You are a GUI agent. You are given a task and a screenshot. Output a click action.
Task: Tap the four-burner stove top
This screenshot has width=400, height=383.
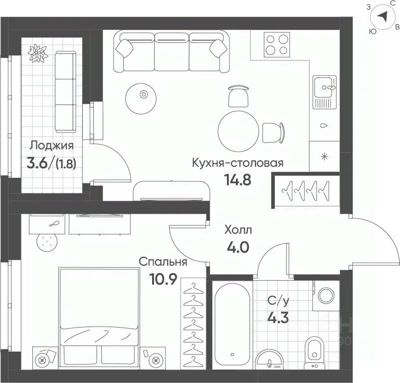click(277, 44)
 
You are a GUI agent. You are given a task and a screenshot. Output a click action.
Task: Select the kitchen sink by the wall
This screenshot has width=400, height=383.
click(325, 92)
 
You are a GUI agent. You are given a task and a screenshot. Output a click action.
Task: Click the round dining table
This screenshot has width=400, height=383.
click(238, 131)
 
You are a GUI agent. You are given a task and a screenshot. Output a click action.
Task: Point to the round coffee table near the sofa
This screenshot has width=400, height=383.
click(141, 98)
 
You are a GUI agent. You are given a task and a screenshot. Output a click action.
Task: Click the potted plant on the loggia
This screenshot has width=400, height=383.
click(38, 53)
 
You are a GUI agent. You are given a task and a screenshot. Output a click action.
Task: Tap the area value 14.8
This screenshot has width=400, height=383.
click(237, 179)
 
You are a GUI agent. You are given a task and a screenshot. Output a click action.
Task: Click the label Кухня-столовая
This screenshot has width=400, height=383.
click(237, 163)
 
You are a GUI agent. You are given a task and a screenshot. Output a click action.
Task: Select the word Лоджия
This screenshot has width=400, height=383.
click(51, 145)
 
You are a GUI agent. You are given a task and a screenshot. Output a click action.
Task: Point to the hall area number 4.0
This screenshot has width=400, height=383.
click(238, 247)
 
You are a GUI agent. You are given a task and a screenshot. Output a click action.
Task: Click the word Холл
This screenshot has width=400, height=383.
click(238, 230)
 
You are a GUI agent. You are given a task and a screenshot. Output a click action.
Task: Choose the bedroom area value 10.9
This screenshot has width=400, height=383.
click(163, 279)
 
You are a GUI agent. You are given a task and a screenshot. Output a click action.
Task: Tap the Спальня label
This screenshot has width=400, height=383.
click(163, 262)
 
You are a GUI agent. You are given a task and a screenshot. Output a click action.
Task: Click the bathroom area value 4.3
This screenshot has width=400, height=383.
click(278, 318)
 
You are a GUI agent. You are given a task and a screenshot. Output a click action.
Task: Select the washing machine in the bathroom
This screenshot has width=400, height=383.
click(326, 296)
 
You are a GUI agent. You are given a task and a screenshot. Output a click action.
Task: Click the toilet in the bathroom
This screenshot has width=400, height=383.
click(315, 353)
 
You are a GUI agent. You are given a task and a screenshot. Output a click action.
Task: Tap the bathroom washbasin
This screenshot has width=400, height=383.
click(269, 360)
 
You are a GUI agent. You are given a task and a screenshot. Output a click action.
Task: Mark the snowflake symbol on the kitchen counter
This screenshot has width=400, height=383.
click(325, 156)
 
